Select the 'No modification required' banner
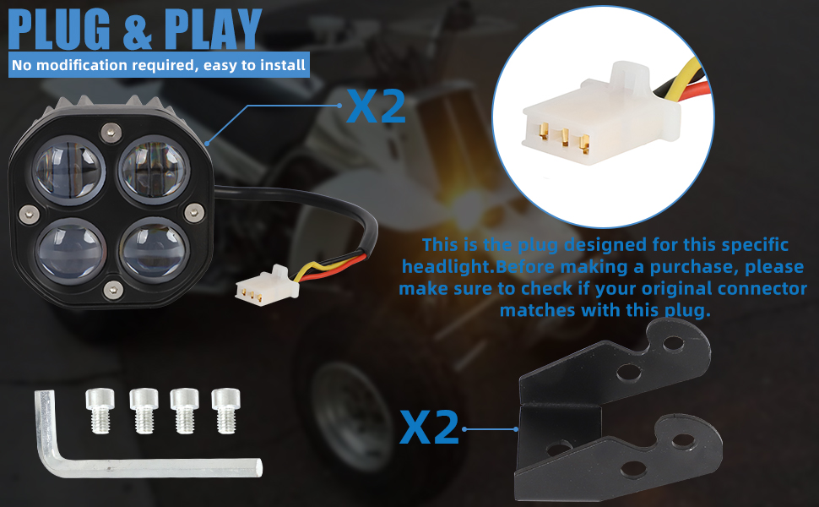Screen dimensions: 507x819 click(x=159, y=64)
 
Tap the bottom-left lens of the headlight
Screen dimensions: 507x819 click(x=70, y=251)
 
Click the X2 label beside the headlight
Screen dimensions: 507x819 click(x=377, y=107)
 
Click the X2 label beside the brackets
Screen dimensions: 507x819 click(x=429, y=428)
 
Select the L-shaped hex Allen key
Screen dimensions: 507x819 click(x=127, y=452)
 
